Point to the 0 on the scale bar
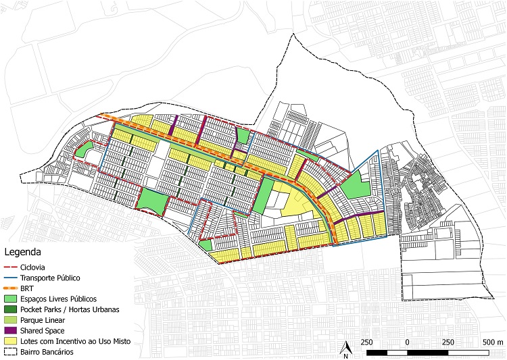(x=407, y=342)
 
